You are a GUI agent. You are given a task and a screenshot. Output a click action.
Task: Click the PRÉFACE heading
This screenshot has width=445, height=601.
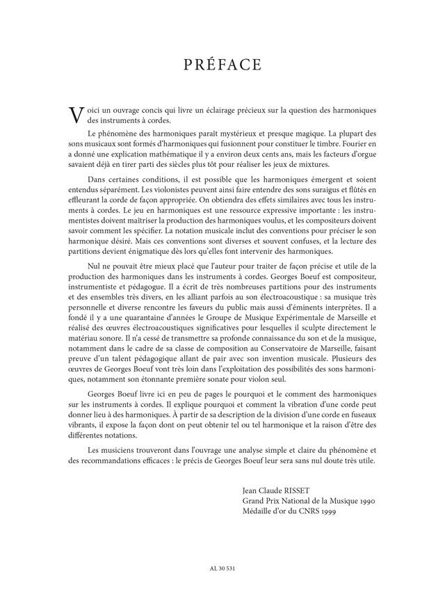tap(222, 65)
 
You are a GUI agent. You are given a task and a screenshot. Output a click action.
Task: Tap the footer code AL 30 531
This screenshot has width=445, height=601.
tap(222, 569)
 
